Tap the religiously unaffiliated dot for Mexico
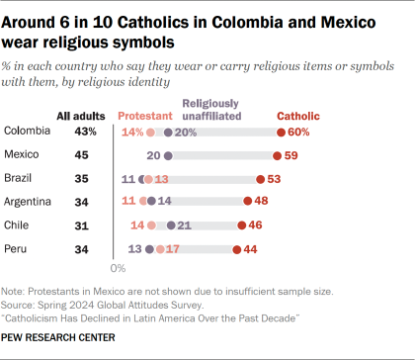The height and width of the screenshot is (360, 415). coord(168,155)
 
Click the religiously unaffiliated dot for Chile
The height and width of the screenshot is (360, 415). coord(169,226)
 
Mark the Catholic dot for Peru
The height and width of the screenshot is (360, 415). coord(235,250)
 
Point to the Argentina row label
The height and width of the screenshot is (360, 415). coord(30,203)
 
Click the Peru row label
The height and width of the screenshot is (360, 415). coord(18,250)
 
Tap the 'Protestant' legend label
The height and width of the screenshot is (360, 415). coord(145,115)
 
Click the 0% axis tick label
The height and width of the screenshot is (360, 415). coord(119,268)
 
